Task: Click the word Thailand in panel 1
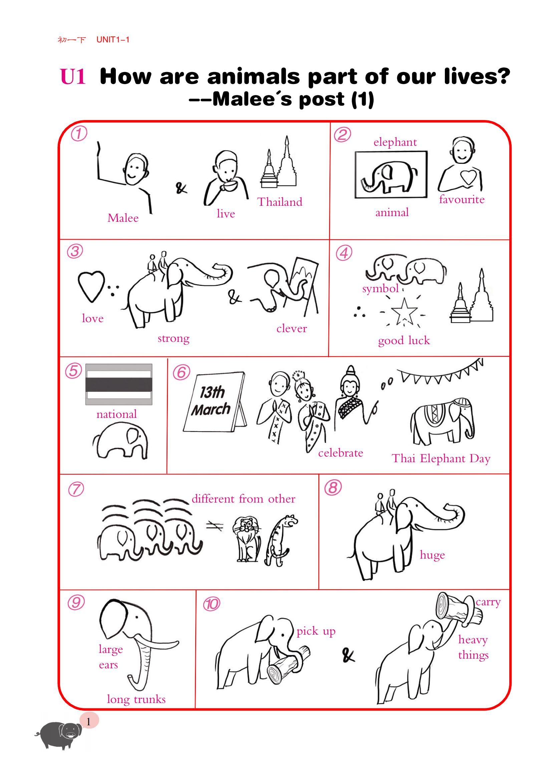pyautogui.click(x=280, y=202)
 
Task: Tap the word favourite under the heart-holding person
pyautogui.click(x=462, y=199)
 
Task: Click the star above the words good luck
pyautogui.click(x=404, y=311)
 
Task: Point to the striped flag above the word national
pyautogui.click(x=118, y=384)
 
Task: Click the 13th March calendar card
pyautogui.click(x=215, y=402)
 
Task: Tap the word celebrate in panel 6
pyautogui.click(x=341, y=453)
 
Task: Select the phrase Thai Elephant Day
pyautogui.click(x=441, y=459)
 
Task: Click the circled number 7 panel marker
pyautogui.click(x=76, y=490)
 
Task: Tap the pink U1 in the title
pyautogui.click(x=73, y=76)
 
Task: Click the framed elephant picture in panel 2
pyautogui.click(x=391, y=175)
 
